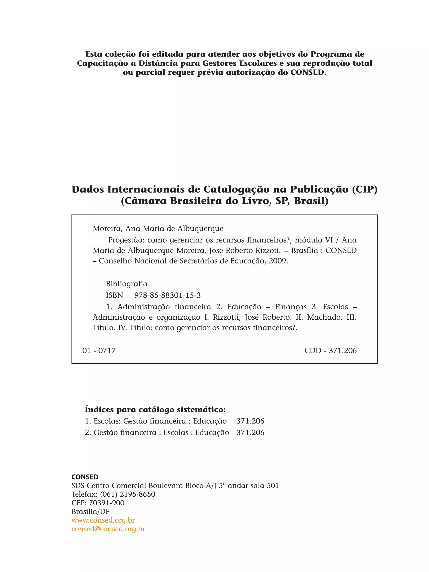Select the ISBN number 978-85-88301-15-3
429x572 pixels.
(167, 295)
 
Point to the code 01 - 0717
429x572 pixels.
(99, 351)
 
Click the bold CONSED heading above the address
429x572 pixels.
(85, 477)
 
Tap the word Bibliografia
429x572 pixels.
(127, 284)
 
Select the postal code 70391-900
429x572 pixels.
(107, 503)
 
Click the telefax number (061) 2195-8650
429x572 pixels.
(128, 494)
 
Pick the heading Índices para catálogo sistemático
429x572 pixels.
(155, 410)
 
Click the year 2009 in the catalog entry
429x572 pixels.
(278, 261)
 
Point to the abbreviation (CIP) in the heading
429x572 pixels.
(365, 190)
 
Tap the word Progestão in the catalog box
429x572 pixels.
(127, 240)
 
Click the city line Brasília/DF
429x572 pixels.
(90, 511)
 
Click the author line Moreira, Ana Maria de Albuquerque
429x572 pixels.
(158, 229)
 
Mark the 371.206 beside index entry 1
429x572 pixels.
(250, 421)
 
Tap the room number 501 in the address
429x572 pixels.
(273, 486)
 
